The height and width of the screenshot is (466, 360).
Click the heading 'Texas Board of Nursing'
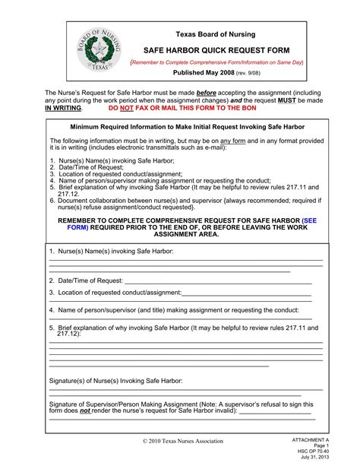tap(216, 34)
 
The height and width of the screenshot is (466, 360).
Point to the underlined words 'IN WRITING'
tap(63, 109)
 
